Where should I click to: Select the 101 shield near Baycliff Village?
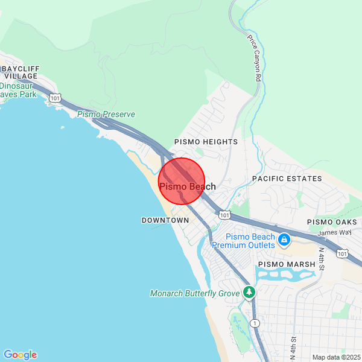[x=56, y=98]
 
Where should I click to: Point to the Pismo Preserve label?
[x=106, y=114]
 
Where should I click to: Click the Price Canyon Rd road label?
[x=254, y=58]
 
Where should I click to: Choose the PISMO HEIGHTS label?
[x=206, y=142]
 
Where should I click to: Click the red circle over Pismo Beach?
[x=182, y=181]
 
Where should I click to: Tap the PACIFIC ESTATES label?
[x=287, y=179]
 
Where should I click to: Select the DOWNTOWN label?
[x=165, y=220]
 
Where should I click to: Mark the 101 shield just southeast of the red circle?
[x=224, y=215]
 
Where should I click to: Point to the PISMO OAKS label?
[x=332, y=223]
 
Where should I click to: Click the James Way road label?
[x=334, y=232]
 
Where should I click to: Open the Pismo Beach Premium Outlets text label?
[x=243, y=241]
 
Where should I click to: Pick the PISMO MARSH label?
[x=287, y=264]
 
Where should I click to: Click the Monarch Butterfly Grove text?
[x=195, y=293]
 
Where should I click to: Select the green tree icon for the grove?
[x=249, y=292]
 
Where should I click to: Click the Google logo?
[x=20, y=355]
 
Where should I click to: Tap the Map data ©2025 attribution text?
[x=336, y=357]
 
